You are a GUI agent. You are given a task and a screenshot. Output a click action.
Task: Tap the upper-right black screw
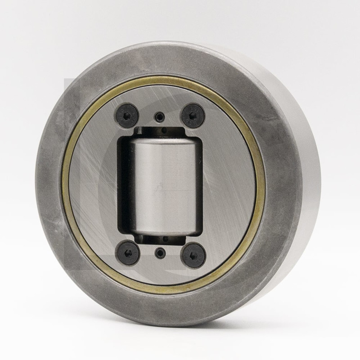click(193, 115)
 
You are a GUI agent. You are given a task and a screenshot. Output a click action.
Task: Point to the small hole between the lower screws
click(160, 253)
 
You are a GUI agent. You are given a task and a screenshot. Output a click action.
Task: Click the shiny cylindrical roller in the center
click(162, 184)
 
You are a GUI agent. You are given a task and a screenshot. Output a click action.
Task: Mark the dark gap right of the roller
click(199, 184)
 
